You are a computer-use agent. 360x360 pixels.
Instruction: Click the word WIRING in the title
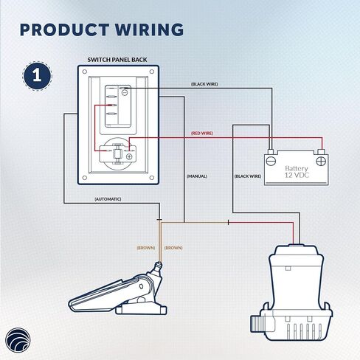point(150,30)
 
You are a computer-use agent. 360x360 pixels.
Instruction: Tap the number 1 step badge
point(37,76)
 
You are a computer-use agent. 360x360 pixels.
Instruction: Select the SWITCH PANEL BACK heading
point(117,60)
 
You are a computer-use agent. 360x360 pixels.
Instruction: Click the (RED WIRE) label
point(202,134)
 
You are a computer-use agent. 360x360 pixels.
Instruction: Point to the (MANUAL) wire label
point(197,176)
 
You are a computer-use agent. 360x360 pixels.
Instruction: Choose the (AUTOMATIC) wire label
point(108,199)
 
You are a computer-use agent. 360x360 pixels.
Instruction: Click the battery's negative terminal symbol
point(271,162)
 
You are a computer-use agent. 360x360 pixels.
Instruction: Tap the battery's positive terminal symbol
point(321,162)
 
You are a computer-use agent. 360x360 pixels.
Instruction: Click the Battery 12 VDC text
point(297,172)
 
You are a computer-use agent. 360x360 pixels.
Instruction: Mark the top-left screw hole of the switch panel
point(85,72)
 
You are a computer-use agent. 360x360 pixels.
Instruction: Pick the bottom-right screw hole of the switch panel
point(152,178)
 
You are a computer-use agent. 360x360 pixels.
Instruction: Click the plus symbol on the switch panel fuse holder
point(129,156)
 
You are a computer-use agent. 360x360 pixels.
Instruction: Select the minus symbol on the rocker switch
point(125,92)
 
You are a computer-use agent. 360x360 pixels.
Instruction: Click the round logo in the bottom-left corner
point(18,340)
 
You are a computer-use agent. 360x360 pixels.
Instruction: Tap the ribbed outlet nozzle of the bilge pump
point(256,323)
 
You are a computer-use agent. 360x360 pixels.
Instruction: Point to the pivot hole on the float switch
point(141,286)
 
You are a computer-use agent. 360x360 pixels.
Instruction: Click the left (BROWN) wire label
point(146,248)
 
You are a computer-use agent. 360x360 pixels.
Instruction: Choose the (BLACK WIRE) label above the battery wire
point(204,84)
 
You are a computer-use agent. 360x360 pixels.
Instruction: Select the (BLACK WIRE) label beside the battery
point(248,176)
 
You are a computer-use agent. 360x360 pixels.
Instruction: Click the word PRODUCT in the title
point(65,30)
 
